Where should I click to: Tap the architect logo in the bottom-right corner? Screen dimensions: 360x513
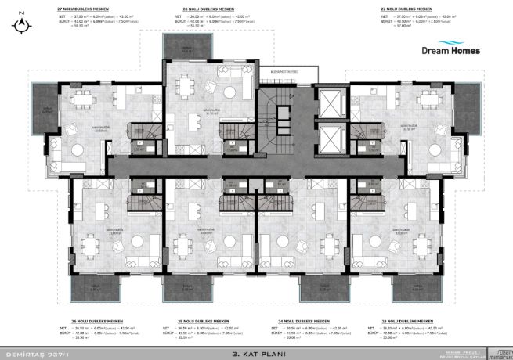point(498,353)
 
